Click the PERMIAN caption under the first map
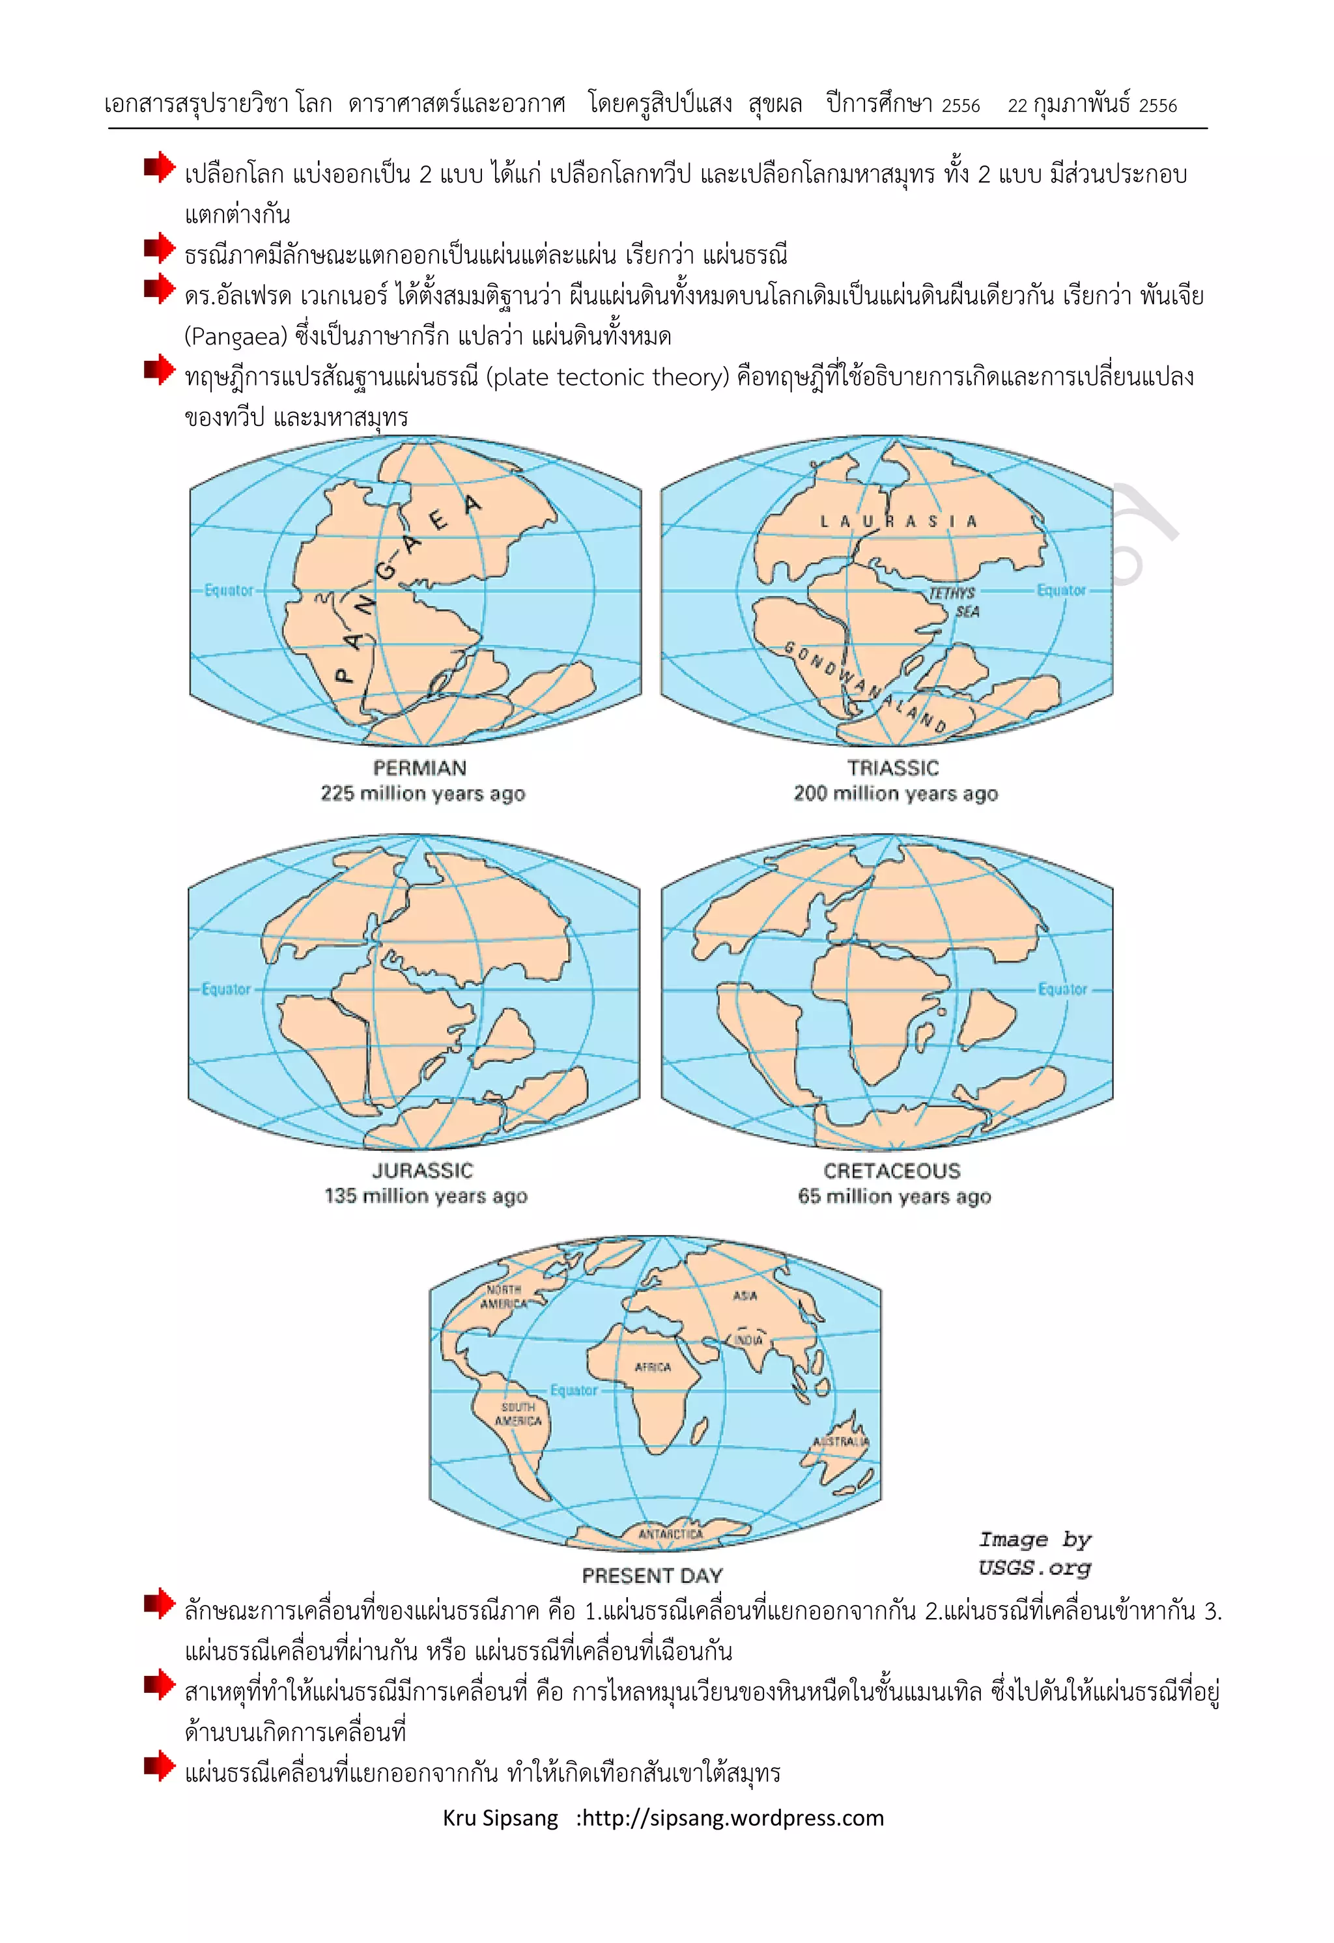click(x=419, y=767)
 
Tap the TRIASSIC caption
click(x=892, y=767)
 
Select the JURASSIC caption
click(x=422, y=1170)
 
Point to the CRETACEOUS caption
click(x=892, y=1170)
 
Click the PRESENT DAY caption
click(x=652, y=1575)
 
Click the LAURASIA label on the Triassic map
click(x=898, y=522)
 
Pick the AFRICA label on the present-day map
click(x=653, y=1367)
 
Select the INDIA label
click(x=749, y=1339)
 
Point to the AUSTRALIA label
click(x=841, y=1441)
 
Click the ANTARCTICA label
click(x=670, y=1533)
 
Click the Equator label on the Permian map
click(x=228, y=590)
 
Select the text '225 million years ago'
click(x=422, y=793)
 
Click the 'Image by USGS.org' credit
click(x=1035, y=1553)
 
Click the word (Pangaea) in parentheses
click(x=235, y=336)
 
